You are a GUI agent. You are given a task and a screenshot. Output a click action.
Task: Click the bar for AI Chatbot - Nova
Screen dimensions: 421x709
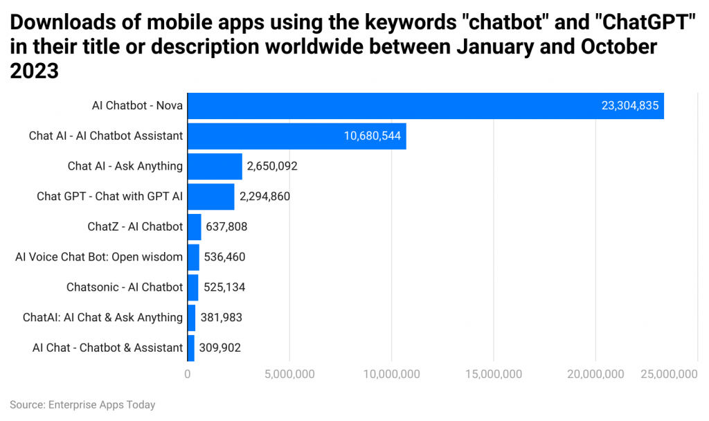[x=425, y=106]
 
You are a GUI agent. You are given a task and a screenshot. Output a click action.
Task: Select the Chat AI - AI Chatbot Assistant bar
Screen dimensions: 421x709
[x=296, y=136]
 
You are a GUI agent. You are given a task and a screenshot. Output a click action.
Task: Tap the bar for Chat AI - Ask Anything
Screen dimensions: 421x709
[x=215, y=166]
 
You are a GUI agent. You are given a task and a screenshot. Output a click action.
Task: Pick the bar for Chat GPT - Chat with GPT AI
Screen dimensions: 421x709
[x=211, y=196]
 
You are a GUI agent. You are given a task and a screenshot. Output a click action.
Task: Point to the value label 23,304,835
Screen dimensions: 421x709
[x=630, y=106]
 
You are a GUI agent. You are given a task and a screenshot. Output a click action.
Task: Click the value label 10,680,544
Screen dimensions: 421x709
[x=373, y=136]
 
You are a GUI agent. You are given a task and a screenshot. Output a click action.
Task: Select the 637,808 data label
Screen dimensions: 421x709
[x=226, y=226]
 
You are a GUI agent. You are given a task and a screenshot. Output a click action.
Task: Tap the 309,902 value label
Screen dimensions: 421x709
[x=220, y=348]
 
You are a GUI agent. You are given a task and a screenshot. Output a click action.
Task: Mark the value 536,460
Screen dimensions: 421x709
[x=224, y=257]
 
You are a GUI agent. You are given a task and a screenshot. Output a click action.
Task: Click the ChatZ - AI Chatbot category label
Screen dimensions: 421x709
[x=135, y=226]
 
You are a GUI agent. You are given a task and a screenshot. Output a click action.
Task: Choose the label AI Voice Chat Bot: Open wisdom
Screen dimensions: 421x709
[x=99, y=257]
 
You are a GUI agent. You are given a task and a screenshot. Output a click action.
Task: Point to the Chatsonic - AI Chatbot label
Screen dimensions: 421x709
[x=125, y=287]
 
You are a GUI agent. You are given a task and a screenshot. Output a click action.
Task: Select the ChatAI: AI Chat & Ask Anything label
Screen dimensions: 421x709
[x=102, y=317]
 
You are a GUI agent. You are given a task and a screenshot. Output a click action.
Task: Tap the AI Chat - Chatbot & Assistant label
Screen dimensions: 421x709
[x=107, y=348]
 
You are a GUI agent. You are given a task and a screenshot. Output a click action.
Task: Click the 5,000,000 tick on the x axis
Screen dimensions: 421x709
[x=289, y=374]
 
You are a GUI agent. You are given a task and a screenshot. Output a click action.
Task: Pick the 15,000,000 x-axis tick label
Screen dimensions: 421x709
[x=493, y=374]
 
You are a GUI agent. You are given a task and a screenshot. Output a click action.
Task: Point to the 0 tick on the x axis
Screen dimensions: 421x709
[x=188, y=374]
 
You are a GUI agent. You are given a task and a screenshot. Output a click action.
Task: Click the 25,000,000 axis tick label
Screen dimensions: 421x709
[x=667, y=374]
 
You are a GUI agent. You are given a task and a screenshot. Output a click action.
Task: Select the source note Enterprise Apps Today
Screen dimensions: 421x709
[x=82, y=404]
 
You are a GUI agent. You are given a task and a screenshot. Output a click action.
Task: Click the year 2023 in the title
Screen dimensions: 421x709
[x=34, y=71]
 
